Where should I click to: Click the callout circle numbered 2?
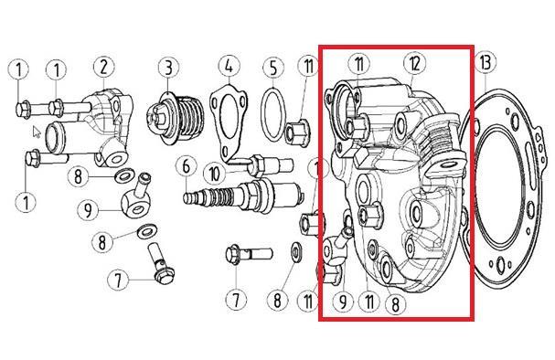pyautogui.click(x=103, y=67)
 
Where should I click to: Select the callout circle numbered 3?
pyautogui.click(x=168, y=68)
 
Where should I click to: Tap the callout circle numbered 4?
pyautogui.click(x=229, y=66)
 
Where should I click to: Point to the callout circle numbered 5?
pyautogui.click(x=273, y=68)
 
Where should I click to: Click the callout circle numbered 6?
pyautogui.click(x=187, y=166)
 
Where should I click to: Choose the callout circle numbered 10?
pyautogui.click(x=215, y=174)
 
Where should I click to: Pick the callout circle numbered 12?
pyautogui.click(x=415, y=64)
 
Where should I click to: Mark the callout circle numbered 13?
pyautogui.click(x=485, y=63)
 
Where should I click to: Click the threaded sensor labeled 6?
pyautogui.click(x=243, y=196)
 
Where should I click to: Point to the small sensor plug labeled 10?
pyautogui.click(x=272, y=164)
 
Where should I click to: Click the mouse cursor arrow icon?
pyautogui.click(x=37, y=132)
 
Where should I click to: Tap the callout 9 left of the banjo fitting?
pyautogui.click(x=88, y=210)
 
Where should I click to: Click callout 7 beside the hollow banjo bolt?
pyautogui.click(x=118, y=281)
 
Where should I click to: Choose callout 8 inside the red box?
pyautogui.click(x=396, y=303)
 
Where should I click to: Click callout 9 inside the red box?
pyautogui.click(x=343, y=302)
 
